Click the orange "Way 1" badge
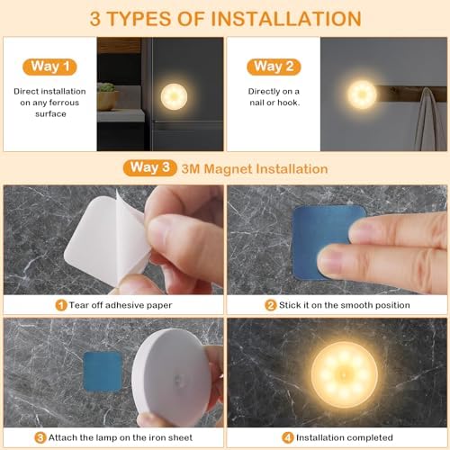(49, 67)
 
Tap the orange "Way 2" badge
(274, 67)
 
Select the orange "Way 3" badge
(149, 167)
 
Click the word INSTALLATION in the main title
(286, 19)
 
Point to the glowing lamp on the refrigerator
(174, 96)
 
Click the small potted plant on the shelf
(107, 96)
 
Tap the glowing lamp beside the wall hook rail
(362, 94)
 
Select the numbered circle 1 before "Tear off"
(61, 305)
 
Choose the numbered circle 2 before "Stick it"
(270, 305)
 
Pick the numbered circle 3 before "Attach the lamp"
(40, 437)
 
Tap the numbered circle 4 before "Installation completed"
(287, 437)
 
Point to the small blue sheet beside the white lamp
(103, 372)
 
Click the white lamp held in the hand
(171, 376)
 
